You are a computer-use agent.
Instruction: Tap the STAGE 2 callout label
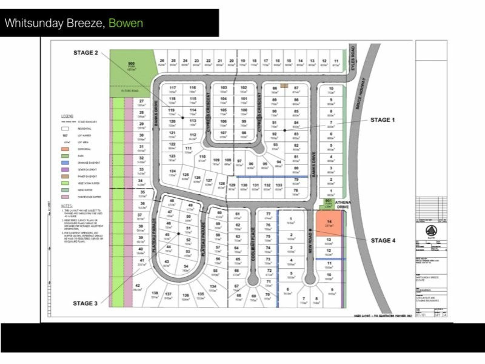(x=86, y=53)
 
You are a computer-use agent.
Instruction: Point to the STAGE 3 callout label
(x=85, y=303)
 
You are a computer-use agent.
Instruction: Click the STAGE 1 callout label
(x=383, y=120)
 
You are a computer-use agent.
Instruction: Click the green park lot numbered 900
(x=131, y=67)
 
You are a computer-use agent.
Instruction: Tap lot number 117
(x=172, y=89)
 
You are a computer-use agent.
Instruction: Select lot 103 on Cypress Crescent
(x=223, y=89)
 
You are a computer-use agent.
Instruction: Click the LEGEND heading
(x=67, y=115)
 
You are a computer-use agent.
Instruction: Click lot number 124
(x=172, y=172)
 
